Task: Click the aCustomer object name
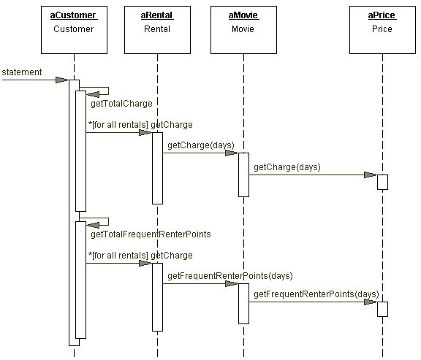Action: pyautogui.click(x=73, y=15)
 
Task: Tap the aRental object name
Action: pyautogui.click(x=157, y=15)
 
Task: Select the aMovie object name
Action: pyautogui.click(x=243, y=15)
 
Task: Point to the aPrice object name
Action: pyautogui.click(x=382, y=15)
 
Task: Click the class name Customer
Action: pyautogui.click(x=74, y=29)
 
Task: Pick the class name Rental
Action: pyautogui.click(x=157, y=29)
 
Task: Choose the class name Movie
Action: pyautogui.click(x=243, y=29)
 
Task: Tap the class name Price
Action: pyautogui.click(x=382, y=29)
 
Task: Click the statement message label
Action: pyautogui.click(x=22, y=72)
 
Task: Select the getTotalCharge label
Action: pyautogui.click(x=121, y=104)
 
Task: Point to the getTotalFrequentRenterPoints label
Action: pyautogui.click(x=151, y=234)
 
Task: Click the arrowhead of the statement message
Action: pyautogui.click(x=62, y=80)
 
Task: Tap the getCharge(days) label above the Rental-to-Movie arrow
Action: pyautogui.click(x=201, y=145)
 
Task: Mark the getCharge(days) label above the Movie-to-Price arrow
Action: pyautogui.click(x=287, y=167)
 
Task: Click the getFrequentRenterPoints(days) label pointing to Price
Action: pyautogui.click(x=316, y=294)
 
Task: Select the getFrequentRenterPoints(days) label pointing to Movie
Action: pyautogui.click(x=230, y=276)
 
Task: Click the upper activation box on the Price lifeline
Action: pyautogui.click(x=382, y=182)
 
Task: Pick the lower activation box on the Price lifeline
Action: pyautogui.click(x=382, y=310)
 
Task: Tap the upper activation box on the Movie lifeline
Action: pyautogui.click(x=244, y=175)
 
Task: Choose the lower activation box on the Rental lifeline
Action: pyautogui.click(x=158, y=297)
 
